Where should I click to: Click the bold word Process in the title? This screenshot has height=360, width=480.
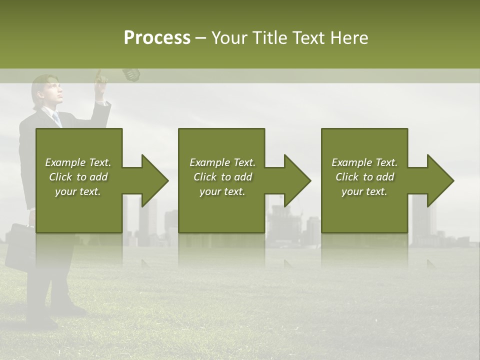[157, 38]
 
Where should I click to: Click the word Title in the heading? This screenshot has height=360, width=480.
[269, 38]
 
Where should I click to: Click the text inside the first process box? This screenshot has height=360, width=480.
[78, 177]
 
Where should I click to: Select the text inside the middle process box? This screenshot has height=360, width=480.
[222, 177]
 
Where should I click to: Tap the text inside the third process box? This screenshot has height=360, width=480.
[364, 177]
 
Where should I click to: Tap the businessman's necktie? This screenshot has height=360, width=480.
[57, 118]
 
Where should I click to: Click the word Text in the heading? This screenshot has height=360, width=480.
[308, 38]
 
